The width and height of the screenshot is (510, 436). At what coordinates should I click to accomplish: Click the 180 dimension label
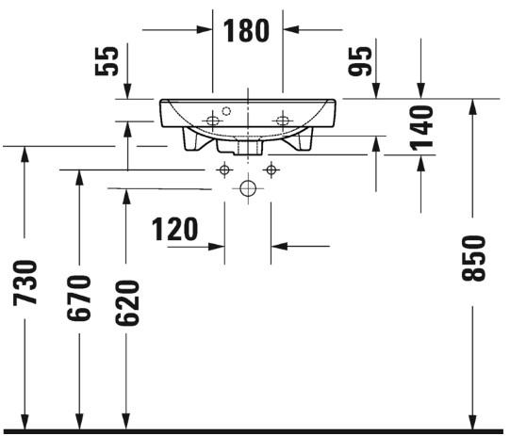click(247, 30)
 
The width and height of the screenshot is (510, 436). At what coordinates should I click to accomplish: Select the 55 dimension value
click(107, 61)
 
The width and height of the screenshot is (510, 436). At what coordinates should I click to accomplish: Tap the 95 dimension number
click(360, 61)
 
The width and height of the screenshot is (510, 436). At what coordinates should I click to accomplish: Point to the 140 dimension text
click(421, 128)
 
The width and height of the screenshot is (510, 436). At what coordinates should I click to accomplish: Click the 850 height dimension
click(473, 258)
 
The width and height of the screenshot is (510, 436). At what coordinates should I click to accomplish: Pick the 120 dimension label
click(174, 230)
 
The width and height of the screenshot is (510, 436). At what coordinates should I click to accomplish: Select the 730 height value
click(25, 283)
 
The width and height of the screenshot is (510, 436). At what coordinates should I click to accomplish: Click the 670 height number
click(78, 298)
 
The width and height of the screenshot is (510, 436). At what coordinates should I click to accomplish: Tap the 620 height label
click(127, 303)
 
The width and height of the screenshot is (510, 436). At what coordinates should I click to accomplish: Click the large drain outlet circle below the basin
click(248, 188)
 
